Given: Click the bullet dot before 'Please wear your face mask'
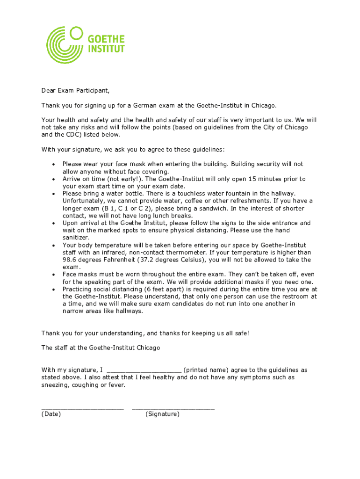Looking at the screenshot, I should point(54,164).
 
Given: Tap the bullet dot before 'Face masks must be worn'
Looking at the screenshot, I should point(54,275).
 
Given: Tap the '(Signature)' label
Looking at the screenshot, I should point(162,414).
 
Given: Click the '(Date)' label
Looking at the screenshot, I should point(51,414).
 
